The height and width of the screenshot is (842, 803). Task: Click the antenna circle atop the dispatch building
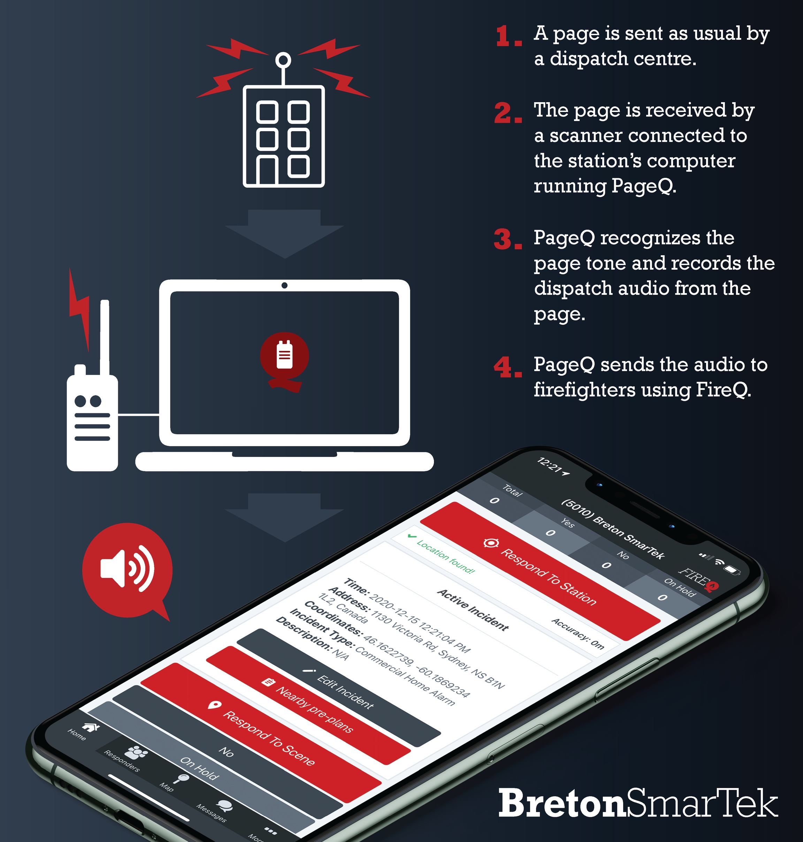[x=283, y=60]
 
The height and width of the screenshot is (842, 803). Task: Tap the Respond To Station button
[x=540, y=571]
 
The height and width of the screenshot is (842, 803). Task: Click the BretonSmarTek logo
[x=638, y=803]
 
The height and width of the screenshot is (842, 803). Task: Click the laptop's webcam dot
[x=284, y=285]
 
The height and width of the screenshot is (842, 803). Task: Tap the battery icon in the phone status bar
[x=732, y=570]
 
